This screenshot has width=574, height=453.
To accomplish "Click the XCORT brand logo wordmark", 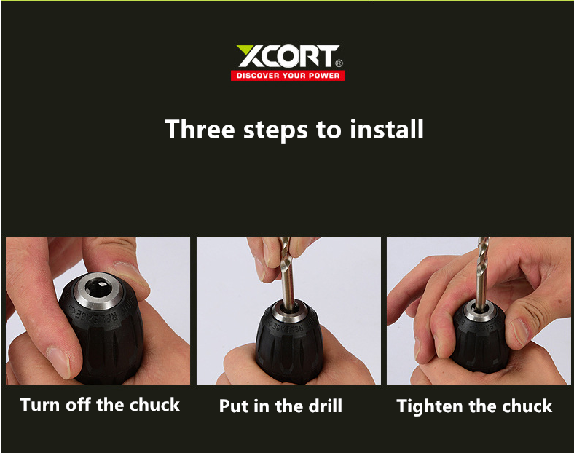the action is point(288,56).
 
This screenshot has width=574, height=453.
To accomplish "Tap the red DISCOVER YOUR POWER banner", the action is point(288,76).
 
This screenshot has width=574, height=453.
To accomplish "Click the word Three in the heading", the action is point(200,129).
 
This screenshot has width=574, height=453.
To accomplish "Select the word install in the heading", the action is point(387,129).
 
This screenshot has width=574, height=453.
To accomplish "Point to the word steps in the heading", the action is point(275,130).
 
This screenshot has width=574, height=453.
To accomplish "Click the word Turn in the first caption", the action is point(39,405).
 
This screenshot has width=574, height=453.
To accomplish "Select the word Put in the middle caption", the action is point(234,406).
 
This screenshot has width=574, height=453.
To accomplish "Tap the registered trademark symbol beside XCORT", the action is point(339,63).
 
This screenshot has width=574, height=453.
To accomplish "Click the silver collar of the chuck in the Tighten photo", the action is point(480,312).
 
